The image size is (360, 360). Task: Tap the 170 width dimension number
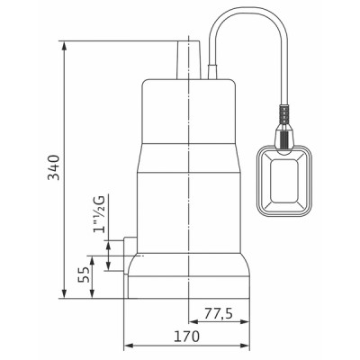(187, 337)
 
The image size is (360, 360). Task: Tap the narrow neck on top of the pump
(190, 58)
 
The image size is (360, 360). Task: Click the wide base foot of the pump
(189, 279)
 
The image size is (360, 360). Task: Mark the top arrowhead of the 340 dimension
(67, 42)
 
